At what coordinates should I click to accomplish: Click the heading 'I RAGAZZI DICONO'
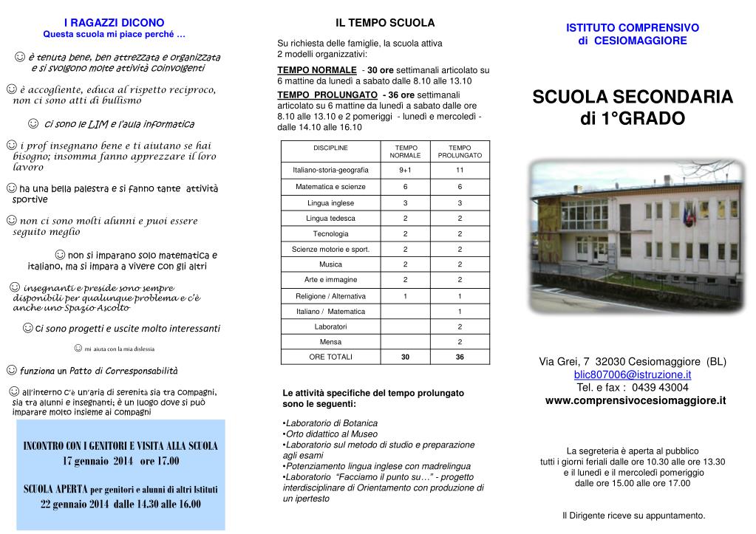(115, 23)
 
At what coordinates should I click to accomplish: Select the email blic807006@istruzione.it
(633, 374)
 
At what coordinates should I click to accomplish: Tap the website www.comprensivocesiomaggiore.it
(636, 400)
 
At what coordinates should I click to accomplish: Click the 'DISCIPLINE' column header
(330, 148)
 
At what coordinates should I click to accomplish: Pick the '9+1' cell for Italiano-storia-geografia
(405, 171)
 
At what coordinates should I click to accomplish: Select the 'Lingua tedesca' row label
(330, 218)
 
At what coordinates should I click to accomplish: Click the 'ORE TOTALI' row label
(330, 357)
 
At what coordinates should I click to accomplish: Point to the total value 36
(460, 357)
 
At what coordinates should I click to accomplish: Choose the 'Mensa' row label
(330, 341)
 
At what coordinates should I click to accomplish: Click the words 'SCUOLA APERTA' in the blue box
(56, 489)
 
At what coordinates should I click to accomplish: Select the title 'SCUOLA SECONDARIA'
(633, 97)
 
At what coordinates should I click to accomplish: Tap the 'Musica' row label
(330, 264)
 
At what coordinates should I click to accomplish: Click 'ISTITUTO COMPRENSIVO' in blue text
(633, 28)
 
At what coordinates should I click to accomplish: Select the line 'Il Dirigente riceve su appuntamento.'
(633, 516)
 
